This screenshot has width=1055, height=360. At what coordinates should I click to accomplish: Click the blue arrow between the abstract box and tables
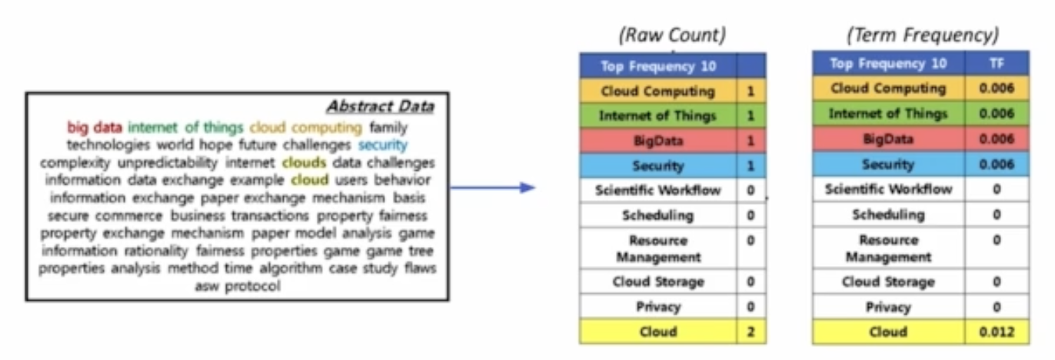tap(492, 187)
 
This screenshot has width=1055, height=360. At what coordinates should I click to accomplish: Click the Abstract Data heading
tap(380, 106)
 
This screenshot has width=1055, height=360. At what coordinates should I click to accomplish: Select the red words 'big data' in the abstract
tap(95, 127)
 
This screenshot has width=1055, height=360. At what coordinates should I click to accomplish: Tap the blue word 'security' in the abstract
tap(383, 145)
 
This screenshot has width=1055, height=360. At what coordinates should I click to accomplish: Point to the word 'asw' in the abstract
tap(208, 286)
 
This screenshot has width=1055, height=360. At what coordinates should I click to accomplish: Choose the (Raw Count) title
tap(672, 35)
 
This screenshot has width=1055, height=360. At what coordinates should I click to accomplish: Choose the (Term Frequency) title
tap(922, 35)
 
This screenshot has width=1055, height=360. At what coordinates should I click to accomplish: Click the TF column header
tap(997, 64)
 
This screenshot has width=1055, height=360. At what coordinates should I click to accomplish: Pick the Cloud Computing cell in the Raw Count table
tap(658, 92)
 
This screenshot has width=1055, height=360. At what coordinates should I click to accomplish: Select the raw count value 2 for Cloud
tap(750, 332)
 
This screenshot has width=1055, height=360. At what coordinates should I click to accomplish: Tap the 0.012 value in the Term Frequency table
tap(997, 332)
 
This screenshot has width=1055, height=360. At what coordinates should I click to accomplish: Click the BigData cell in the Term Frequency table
tap(888, 139)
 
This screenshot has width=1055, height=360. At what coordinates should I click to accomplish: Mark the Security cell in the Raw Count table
tap(658, 165)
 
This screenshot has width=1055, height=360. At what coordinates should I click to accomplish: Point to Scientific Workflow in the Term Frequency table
tap(888, 188)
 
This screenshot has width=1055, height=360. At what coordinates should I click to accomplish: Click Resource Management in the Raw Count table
tap(658, 248)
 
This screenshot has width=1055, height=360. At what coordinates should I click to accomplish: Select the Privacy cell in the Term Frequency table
tap(888, 307)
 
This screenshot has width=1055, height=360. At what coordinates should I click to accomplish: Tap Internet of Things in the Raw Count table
tap(658, 116)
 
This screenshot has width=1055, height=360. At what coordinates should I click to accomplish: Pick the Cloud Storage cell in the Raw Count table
tap(658, 282)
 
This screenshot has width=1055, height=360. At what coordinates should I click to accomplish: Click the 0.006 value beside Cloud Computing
tap(997, 88)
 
